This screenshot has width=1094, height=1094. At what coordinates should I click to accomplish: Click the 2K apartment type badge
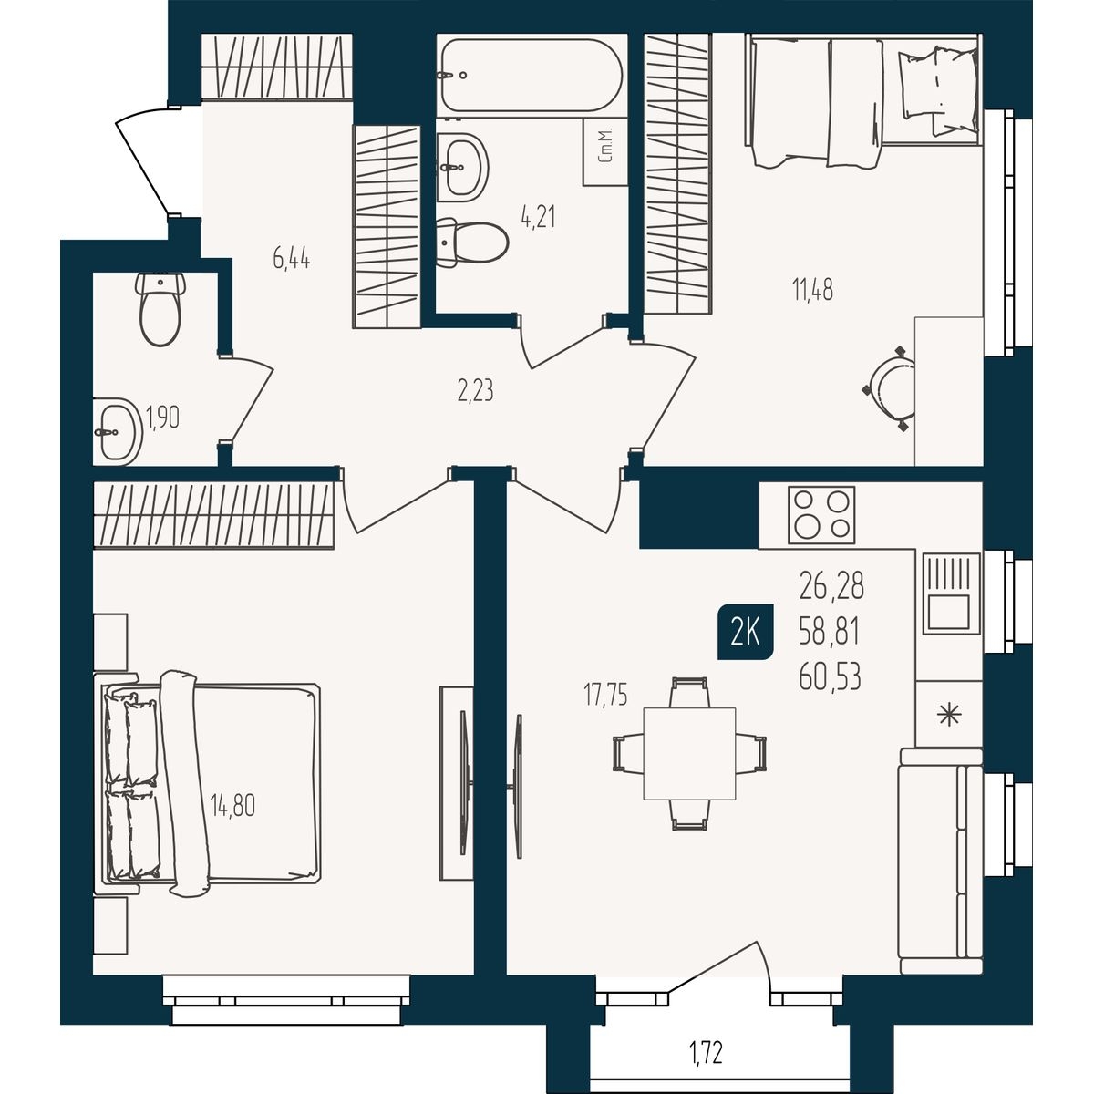746,632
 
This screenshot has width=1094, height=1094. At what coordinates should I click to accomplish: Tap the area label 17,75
605,697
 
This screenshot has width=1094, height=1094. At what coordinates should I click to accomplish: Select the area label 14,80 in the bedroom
232,806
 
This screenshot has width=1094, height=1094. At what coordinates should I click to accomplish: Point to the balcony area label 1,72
706,1054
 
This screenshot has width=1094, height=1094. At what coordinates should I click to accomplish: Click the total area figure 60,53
830,677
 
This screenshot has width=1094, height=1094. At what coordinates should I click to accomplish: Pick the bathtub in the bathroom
532,75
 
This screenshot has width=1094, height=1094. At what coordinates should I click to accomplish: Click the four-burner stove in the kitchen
820,515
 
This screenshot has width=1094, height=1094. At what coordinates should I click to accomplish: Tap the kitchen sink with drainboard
950,593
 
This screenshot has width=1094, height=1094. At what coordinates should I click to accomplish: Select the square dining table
689,754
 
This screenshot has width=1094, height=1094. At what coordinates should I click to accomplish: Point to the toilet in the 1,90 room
160,309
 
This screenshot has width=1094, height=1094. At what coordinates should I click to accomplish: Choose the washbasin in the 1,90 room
118,431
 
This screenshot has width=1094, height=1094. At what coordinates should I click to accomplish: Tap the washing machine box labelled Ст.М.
605,152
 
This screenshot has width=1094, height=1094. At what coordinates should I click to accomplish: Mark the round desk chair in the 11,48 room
890,389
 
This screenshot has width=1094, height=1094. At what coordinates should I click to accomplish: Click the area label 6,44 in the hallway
291,261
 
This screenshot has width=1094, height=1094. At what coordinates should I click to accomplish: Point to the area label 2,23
475,392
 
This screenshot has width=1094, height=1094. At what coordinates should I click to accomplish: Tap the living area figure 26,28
831,586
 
